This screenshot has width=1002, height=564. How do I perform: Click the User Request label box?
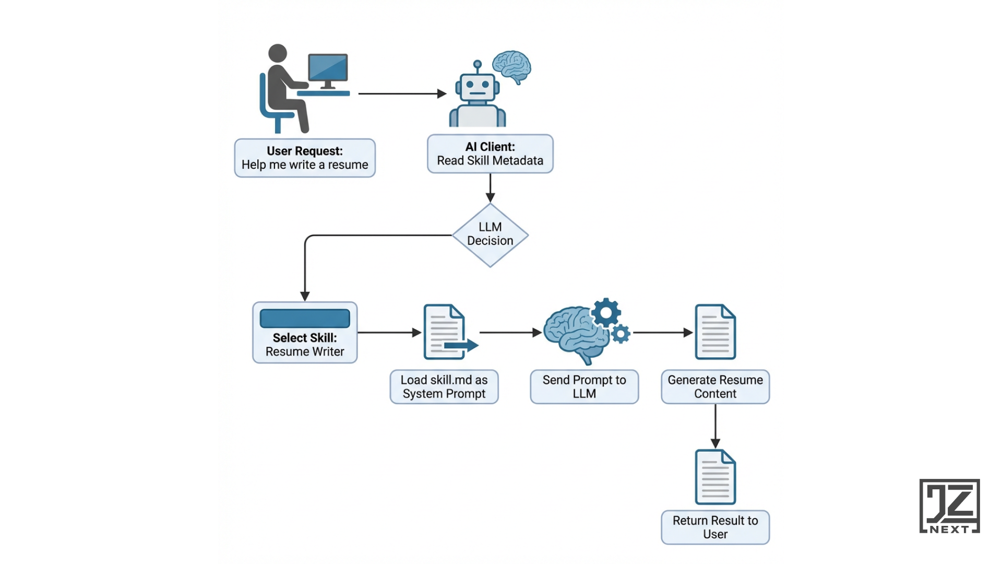coord(305,158)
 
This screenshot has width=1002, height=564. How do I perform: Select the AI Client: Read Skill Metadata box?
coord(490,154)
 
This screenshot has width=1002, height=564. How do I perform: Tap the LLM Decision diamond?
coord(490,234)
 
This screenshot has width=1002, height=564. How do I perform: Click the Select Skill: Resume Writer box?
coord(305,333)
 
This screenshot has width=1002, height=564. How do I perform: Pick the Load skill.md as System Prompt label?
coord(444,386)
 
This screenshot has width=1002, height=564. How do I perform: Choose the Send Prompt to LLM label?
coord(584,386)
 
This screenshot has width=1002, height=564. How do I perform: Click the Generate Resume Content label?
coord(715,386)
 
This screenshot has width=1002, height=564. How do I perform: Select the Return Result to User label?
coord(715,527)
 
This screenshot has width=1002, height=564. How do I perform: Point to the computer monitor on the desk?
coord(328,68)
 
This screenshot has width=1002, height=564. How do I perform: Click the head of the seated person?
coord(278,53)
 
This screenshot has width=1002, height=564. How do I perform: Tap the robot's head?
coord(478,87)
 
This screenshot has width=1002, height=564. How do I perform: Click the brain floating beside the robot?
coord(512,65)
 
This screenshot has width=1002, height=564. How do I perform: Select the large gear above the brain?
coord(606,313)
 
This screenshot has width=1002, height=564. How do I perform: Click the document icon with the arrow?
coord(445,332)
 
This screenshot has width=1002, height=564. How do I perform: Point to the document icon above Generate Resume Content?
coord(715,332)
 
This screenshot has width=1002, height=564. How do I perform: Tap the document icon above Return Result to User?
coord(715,477)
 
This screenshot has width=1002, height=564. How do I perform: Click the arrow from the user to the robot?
coord(402,93)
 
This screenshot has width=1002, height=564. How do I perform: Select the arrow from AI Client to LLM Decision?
coord(490,187)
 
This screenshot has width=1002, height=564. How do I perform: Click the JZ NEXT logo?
coord(949,506)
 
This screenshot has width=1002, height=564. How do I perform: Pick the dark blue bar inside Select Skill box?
coord(305,318)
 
